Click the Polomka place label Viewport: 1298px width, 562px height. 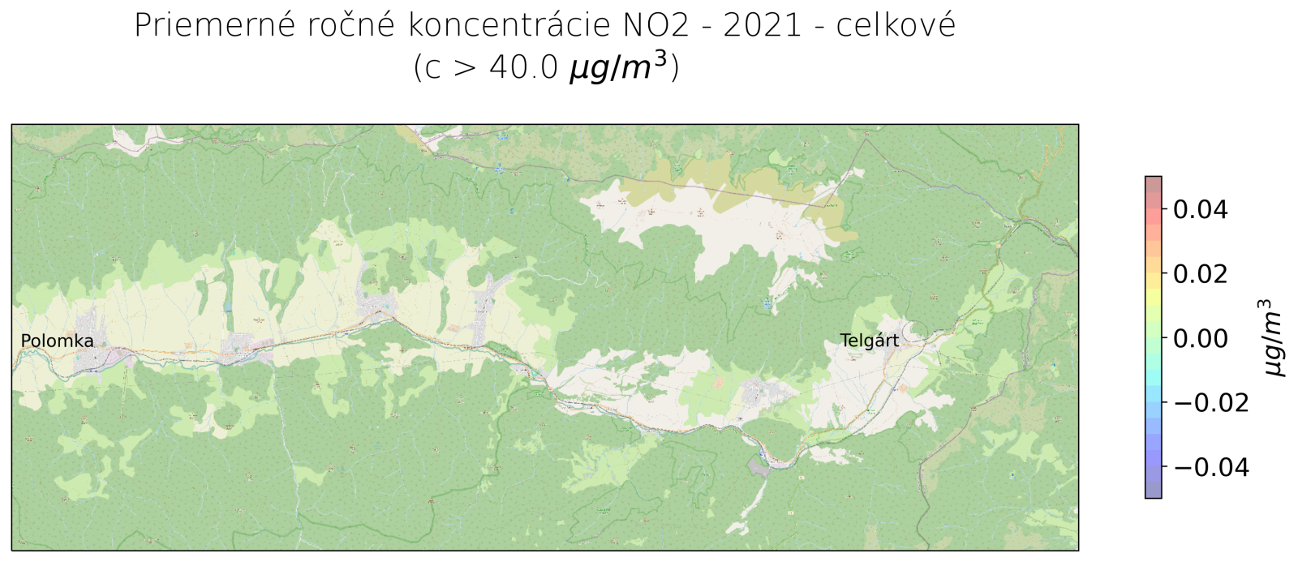pyautogui.click(x=57, y=341)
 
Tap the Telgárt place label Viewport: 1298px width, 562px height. pyautogui.click(x=869, y=341)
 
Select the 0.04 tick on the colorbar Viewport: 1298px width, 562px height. pyautogui.click(x=1199, y=209)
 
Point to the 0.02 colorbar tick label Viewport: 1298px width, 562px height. pyautogui.click(x=1199, y=273)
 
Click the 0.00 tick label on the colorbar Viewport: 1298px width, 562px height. pyautogui.click(x=1199, y=338)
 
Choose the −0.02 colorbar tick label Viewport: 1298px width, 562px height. pyautogui.click(x=1209, y=402)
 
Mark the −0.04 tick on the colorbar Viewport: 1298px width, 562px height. pyautogui.click(x=1209, y=467)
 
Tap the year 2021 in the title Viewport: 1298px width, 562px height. pyautogui.click(x=762, y=26)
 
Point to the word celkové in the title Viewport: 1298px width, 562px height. pyautogui.click(x=896, y=26)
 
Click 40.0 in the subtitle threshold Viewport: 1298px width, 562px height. pyautogui.click(x=523, y=67)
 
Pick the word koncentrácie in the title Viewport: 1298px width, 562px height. pyautogui.click(x=509, y=26)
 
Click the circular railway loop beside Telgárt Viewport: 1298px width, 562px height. pyautogui.click(x=916, y=330)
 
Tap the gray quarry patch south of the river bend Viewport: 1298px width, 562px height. pyautogui.click(x=759, y=466)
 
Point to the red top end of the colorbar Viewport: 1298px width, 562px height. pyautogui.click(x=1153, y=182)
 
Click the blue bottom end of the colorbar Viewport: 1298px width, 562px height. pyautogui.click(x=1153, y=491)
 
